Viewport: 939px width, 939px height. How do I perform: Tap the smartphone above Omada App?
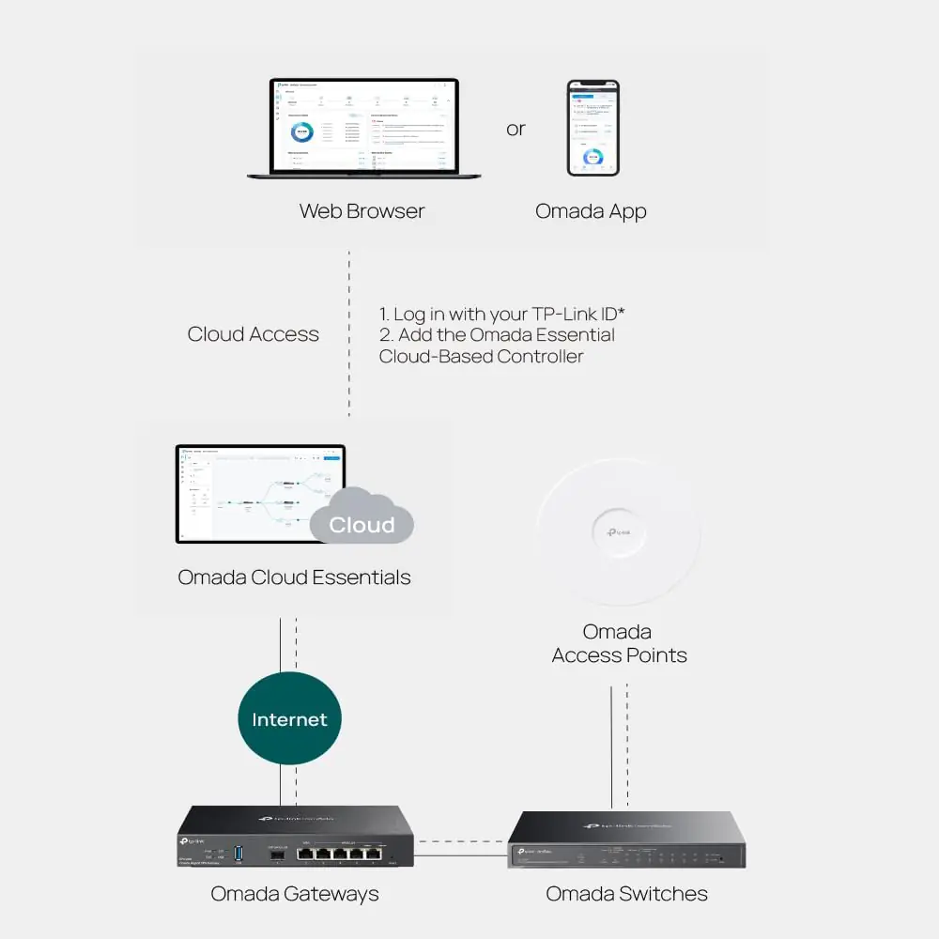(593, 128)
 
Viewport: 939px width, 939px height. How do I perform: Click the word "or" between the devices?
(516, 129)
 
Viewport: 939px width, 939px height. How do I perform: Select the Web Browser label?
(362, 211)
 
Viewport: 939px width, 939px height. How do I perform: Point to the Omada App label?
(591, 211)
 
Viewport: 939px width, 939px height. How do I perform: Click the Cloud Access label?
(254, 334)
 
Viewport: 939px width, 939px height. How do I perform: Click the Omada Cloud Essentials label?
(294, 577)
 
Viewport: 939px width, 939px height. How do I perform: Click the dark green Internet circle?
(289, 719)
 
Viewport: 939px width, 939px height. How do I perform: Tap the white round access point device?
(618, 531)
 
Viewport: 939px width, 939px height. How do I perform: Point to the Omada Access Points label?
(619, 643)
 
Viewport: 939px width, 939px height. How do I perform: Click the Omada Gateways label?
(295, 894)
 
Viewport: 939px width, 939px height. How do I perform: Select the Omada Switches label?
(627, 894)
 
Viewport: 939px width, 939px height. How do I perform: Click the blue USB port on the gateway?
(239, 853)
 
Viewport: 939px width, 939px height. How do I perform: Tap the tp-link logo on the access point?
(618, 533)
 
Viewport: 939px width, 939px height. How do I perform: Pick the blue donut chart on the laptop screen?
(302, 132)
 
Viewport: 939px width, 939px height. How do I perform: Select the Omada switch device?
(627, 840)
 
